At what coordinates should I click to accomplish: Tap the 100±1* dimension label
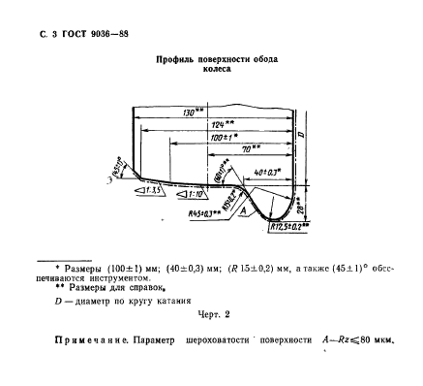click(x=223, y=139)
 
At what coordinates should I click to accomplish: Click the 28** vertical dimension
click(x=302, y=207)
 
